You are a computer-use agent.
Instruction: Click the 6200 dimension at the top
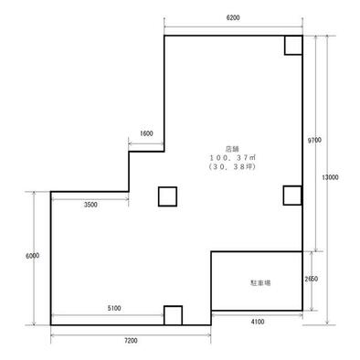[x=233, y=17]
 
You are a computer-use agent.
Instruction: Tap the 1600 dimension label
[x=146, y=133]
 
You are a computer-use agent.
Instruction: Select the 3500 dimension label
[x=90, y=205]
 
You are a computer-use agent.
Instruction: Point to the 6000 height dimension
[x=33, y=256]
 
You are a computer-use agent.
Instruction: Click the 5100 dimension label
[x=114, y=308]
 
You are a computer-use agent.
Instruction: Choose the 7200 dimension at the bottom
[x=131, y=341]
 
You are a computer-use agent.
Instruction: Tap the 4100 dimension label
[x=258, y=322]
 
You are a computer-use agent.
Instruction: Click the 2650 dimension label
[x=312, y=279]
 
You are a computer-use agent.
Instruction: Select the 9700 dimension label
[x=314, y=140]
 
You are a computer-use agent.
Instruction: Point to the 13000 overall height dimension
[x=330, y=177]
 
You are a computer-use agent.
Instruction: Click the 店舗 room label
[x=232, y=149]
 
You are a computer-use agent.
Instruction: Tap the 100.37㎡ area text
[x=232, y=158]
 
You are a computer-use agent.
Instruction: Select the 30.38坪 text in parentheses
[x=232, y=166]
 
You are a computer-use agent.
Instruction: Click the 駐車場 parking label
[x=260, y=283]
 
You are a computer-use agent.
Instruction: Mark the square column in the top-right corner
[x=293, y=46]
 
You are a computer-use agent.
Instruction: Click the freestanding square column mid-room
[x=167, y=196]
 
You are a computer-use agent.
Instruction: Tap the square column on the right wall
[x=292, y=196]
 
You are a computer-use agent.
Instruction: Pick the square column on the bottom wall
[x=173, y=315]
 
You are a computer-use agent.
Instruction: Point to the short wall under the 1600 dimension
[x=146, y=152]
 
